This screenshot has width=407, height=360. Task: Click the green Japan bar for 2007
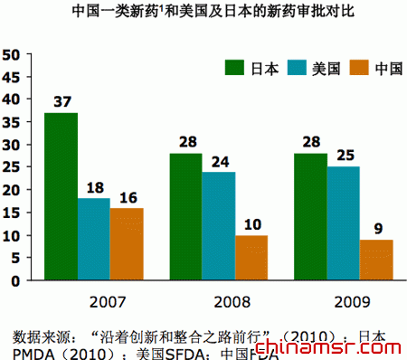(x=61, y=196)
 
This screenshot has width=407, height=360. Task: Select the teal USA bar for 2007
(x=94, y=239)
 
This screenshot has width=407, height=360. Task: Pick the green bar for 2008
(x=185, y=217)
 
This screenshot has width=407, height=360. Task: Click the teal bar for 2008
(x=219, y=226)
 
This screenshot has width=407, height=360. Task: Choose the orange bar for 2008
(x=251, y=258)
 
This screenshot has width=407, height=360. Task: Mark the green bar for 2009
(x=310, y=217)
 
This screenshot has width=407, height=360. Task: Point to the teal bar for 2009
(x=343, y=223)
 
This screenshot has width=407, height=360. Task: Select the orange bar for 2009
(x=376, y=260)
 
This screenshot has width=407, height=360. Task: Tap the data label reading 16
(x=127, y=196)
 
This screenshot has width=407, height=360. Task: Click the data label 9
(x=376, y=228)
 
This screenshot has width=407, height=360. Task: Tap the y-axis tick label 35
(x=12, y=122)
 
